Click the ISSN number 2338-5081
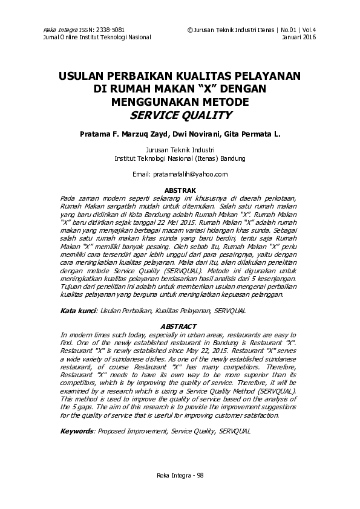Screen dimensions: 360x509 pos(111,30)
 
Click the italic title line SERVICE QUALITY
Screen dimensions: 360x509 pos(180,115)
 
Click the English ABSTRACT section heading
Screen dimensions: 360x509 pos(180,326)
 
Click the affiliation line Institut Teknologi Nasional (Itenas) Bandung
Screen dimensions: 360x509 pos(180,158)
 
